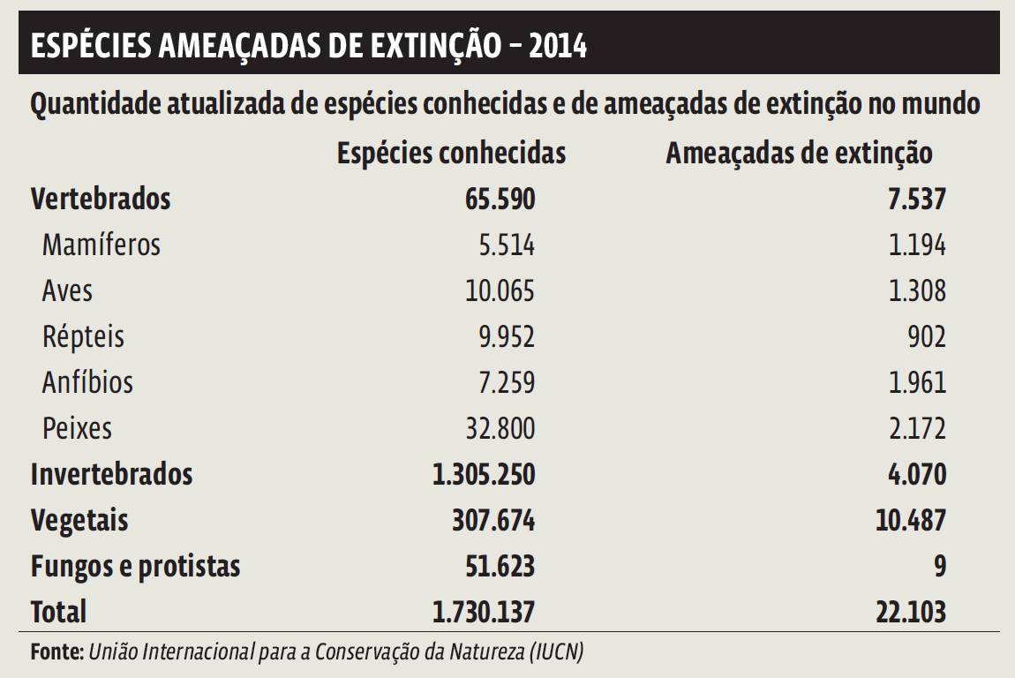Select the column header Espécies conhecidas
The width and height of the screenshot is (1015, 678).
tap(451, 154)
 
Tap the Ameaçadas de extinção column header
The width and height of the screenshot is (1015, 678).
tap(799, 154)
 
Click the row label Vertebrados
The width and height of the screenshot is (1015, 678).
tap(101, 199)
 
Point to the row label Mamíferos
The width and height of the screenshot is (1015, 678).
tap(101, 245)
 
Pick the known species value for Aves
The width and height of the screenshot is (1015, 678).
tap(500, 290)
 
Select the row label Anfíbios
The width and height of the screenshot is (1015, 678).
tap(87, 382)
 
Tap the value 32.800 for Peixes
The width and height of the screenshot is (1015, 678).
tap(500, 428)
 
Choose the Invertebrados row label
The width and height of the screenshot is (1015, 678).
tap(111, 474)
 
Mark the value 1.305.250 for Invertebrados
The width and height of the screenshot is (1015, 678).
tap(483, 474)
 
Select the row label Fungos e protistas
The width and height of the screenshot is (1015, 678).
tap(135, 566)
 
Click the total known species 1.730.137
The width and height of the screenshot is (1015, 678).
tap(483, 612)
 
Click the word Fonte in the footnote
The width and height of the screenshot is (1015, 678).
tap(56, 653)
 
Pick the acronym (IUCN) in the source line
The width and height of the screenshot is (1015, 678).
tap(556, 653)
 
